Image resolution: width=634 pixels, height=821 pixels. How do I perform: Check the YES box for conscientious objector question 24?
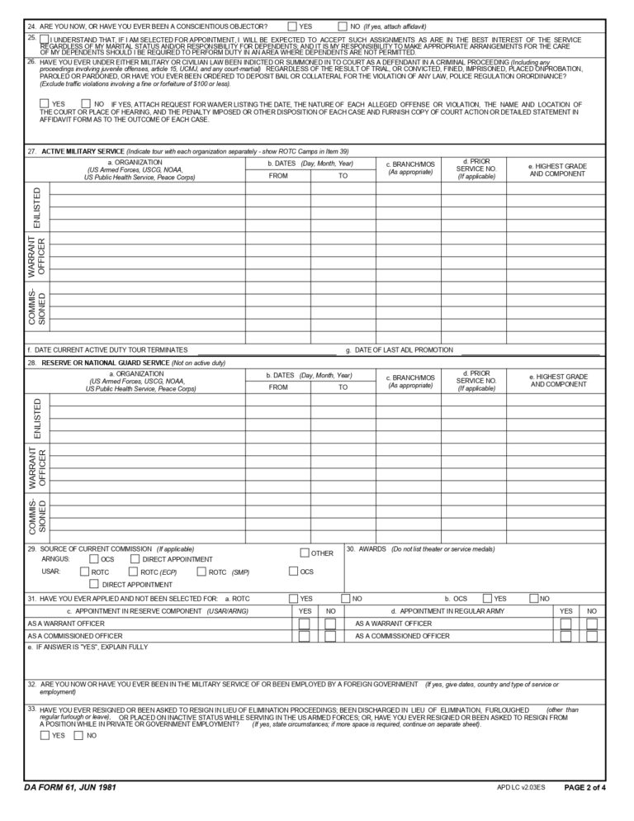click(x=292, y=26)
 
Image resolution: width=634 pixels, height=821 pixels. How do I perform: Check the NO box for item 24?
click(x=343, y=26)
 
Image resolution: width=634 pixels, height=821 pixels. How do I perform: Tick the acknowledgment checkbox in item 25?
click(x=44, y=39)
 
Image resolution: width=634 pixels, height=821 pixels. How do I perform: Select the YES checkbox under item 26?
click(x=44, y=103)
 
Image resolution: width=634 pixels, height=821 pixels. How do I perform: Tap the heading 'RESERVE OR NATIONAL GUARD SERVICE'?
click(x=105, y=363)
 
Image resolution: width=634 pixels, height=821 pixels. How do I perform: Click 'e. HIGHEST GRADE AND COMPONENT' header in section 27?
click(x=558, y=170)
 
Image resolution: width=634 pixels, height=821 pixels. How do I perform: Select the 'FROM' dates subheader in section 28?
click(x=278, y=387)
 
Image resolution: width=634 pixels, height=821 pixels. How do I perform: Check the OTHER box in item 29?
click(x=305, y=553)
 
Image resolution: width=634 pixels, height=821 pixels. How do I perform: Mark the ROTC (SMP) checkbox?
click(x=201, y=572)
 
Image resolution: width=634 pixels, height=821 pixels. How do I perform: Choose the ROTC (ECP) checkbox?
click(x=133, y=572)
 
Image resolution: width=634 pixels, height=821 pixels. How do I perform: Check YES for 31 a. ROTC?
click(x=293, y=598)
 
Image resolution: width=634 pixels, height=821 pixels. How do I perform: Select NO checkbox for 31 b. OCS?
click(x=534, y=598)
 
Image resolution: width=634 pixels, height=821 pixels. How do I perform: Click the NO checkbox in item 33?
click(x=79, y=734)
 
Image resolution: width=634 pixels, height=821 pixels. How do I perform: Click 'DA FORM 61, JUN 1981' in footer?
click(x=71, y=788)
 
